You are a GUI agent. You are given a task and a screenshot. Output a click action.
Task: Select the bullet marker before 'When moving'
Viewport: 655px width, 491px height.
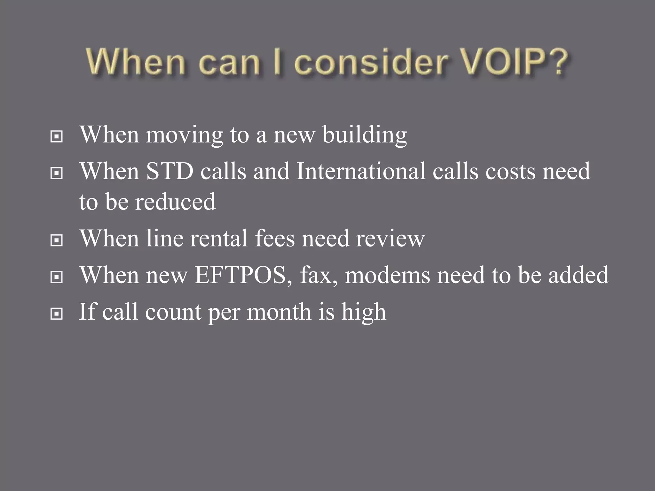pyautogui.click(x=57, y=137)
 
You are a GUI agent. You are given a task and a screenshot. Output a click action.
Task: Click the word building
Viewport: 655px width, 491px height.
pyautogui.click(x=365, y=135)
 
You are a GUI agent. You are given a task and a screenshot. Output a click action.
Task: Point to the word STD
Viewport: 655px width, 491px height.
pyautogui.click(x=170, y=171)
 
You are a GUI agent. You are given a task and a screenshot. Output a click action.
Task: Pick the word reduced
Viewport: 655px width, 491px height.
pyautogui.click(x=175, y=202)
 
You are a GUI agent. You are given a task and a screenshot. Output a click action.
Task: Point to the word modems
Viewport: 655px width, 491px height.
pyautogui.click(x=387, y=275)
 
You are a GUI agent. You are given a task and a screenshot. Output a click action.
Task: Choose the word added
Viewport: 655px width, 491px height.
pyautogui.click(x=578, y=275)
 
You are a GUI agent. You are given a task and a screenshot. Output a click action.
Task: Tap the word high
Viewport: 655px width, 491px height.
pyautogui.click(x=364, y=312)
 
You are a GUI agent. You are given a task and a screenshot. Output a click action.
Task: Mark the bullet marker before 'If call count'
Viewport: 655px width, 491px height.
pyautogui.click(x=57, y=314)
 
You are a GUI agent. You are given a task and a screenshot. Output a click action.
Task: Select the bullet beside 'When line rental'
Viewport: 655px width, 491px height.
pyautogui.click(x=57, y=241)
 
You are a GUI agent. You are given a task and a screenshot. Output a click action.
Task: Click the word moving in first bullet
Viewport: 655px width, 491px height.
pyautogui.click(x=184, y=135)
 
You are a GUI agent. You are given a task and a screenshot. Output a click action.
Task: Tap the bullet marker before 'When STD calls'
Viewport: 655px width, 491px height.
pyautogui.click(x=57, y=174)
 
